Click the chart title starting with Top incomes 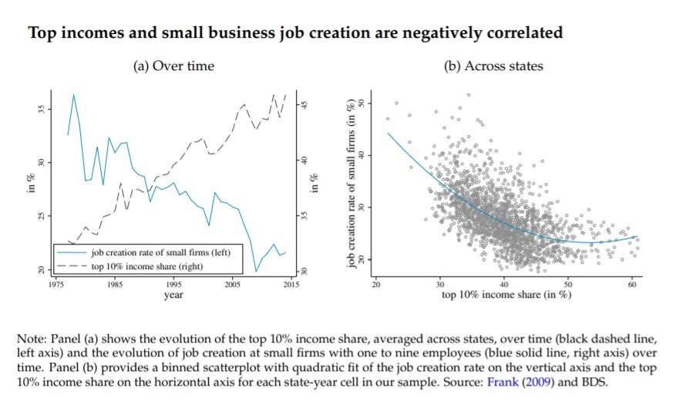pyautogui.click(x=294, y=32)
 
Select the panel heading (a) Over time pyautogui.click(x=174, y=66)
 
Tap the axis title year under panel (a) pyautogui.click(x=173, y=295)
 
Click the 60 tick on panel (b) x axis pyautogui.click(x=633, y=285)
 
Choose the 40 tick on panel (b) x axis pyautogui.click(x=504, y=285)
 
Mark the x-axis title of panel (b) pyautogui.click(x=506, y=295)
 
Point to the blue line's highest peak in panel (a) pyautogui.click(x=73, y=95)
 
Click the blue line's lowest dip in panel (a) pyautogui.click(x=256, y=271)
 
